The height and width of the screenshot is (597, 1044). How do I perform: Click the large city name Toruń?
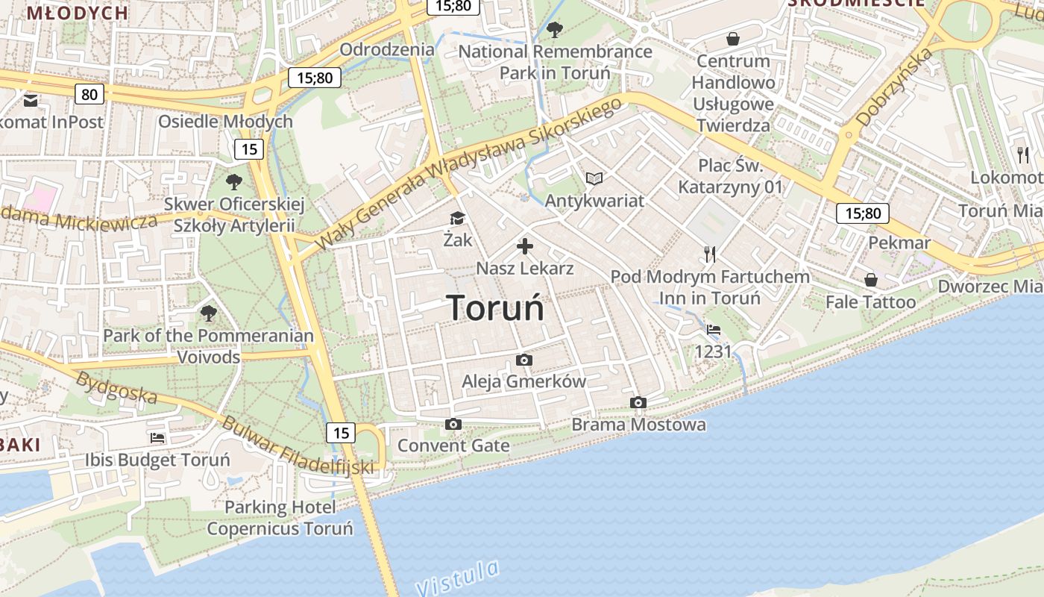click(495, 308)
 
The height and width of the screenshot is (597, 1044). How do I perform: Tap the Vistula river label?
click(457, 576)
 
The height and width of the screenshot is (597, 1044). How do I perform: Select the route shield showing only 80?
click(89, 94)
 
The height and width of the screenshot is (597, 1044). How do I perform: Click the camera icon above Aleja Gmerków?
click(524, 360)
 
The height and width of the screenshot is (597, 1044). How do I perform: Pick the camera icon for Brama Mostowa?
click(638, 403)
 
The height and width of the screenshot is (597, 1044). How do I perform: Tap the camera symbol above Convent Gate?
click(453, 425)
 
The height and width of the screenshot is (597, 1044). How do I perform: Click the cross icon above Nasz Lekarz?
click(525, 246)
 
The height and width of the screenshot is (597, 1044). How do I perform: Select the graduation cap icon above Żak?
click(457, 219)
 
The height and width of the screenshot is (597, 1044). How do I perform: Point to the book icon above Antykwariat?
click(594, 179)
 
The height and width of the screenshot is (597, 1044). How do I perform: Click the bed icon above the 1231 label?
click(714, 330)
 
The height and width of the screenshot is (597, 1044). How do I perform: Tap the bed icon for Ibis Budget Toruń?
click(157, 438)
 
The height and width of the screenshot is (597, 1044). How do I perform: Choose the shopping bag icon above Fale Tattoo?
click(870, 281)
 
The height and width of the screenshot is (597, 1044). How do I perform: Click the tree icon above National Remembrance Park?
click(554, 30)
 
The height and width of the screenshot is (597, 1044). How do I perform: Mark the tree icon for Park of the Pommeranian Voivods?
click(208, 313)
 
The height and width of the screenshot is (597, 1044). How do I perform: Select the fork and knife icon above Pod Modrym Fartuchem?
click(710, 255)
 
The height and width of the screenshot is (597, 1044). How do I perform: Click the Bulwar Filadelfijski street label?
click(297, 446)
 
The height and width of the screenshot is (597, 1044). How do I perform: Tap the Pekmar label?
click(899, 243)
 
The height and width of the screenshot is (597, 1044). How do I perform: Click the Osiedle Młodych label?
click(225, 122)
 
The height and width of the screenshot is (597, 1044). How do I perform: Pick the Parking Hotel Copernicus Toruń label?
click(280, 518)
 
